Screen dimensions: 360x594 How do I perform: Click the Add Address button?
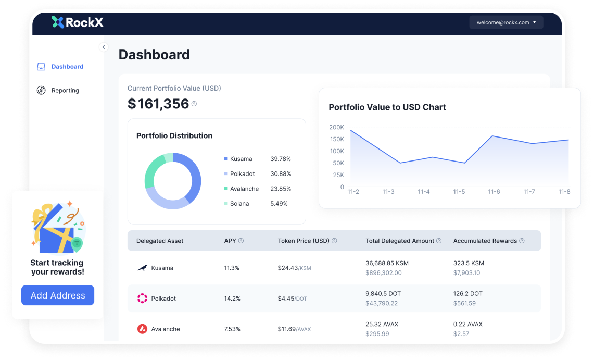58,295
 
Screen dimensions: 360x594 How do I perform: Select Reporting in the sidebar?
65,91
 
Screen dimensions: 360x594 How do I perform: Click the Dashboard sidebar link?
67,67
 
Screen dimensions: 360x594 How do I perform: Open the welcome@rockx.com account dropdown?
506,22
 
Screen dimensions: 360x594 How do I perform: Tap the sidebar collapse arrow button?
104,47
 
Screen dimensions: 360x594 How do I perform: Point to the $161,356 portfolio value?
158,104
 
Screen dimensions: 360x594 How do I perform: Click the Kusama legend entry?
241,159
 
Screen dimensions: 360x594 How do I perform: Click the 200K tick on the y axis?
336,127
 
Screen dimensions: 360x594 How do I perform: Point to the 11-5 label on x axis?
459,192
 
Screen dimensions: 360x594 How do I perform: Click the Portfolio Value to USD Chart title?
387,107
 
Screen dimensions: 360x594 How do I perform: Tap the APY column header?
230,241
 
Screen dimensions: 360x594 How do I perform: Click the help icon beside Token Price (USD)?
334,241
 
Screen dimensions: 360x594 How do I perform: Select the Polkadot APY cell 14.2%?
232,299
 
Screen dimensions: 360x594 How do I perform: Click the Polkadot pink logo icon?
142,299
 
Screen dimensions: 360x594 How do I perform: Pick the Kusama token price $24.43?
287,268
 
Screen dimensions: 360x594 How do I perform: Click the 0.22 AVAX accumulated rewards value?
467,324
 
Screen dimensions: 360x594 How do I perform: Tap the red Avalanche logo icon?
142,329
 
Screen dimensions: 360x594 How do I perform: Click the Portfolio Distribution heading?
174,136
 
